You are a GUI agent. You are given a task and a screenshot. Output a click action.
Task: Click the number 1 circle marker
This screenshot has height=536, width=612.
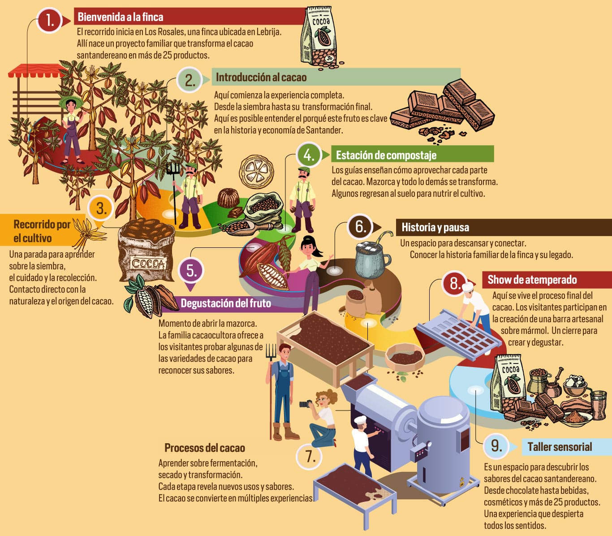50,20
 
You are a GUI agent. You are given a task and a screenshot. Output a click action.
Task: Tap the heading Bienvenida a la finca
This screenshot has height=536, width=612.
120,17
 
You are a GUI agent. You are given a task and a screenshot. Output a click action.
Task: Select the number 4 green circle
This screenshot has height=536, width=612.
309,155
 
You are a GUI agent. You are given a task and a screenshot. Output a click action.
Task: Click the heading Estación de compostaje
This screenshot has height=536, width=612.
386,155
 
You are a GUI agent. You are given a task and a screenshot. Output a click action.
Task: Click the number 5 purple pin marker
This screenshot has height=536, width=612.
191,271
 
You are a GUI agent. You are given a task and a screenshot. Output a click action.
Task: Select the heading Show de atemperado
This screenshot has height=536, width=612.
532,280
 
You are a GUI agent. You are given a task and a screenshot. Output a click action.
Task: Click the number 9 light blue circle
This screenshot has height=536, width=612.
496,445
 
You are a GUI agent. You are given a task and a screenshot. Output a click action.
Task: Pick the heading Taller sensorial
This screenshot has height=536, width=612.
559,447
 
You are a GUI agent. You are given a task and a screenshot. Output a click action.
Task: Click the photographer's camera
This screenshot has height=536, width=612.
306,403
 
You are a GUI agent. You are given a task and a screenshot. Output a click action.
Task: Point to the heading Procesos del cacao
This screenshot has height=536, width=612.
204,448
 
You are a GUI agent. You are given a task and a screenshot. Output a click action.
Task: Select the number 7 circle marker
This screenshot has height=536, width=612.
310,456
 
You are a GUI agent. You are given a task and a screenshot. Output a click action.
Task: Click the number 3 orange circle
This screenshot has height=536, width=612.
102,208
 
